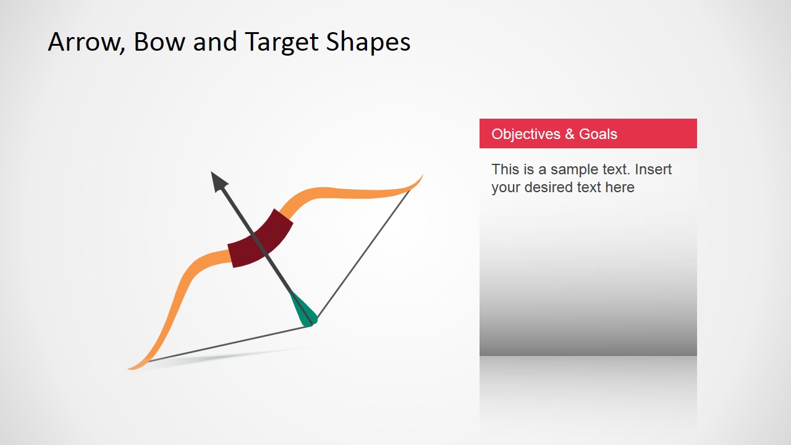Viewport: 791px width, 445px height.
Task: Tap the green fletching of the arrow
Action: coord(303,309)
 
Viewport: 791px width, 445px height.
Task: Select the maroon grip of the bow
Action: coord(260,239)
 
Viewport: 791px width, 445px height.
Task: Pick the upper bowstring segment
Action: coord(365,253)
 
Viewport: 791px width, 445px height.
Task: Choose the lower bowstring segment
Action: coord(229,344)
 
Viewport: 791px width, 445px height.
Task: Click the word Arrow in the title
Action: coord(83,42)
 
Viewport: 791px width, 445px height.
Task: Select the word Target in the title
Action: coord(281,42)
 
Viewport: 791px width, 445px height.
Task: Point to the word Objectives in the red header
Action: coord(526,134)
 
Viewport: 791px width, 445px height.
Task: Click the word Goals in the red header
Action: coord(598,134)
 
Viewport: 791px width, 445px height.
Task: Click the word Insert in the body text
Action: coord(653,169)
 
